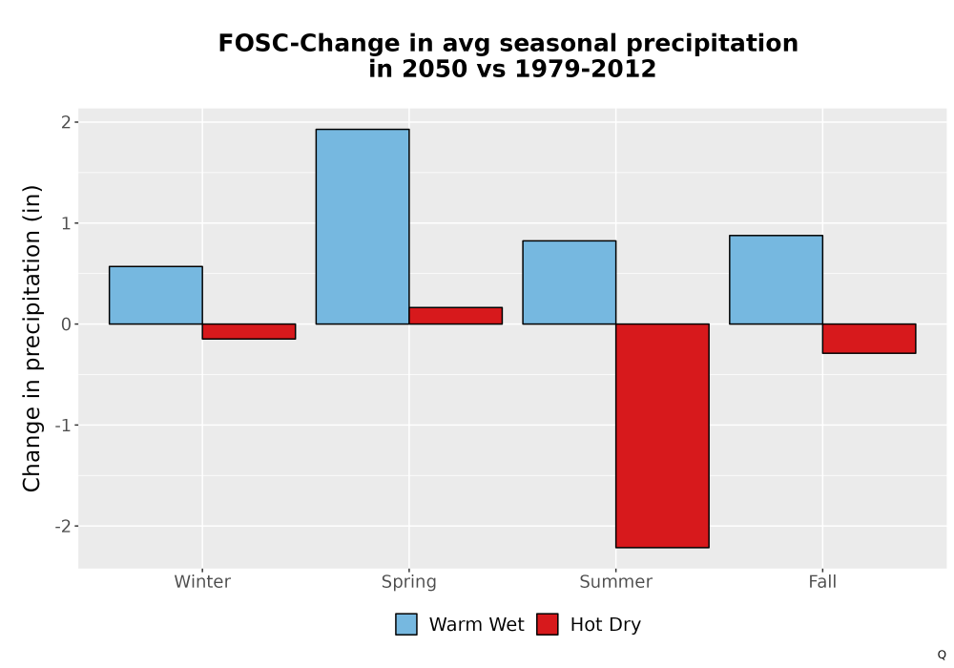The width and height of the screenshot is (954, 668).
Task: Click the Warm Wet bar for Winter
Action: tap(156, 295)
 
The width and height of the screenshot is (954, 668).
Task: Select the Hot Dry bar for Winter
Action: tap(249, 331)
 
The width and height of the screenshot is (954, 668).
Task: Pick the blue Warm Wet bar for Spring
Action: tap(363, 226)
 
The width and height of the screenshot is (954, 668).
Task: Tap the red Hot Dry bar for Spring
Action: tap(456, 316)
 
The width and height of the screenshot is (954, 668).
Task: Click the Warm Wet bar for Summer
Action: tap(570, 282)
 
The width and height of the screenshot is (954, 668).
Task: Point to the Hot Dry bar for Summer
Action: tap(663, 435)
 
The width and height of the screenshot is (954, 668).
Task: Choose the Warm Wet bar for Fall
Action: tap(777, 280)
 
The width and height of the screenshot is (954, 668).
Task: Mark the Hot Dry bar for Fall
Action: tap(869, 338)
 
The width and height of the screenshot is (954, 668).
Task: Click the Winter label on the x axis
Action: tap(202, 581)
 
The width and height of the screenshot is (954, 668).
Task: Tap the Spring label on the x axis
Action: tap(409, 582)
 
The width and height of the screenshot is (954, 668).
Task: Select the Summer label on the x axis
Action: tap(615, 581)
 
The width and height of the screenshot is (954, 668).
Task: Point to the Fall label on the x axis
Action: tap(822, 581)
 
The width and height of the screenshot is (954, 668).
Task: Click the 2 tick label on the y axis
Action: tap(67, 122)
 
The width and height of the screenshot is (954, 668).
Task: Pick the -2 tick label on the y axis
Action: tap(63, 526)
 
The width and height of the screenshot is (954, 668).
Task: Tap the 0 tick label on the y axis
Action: tap(67, 324)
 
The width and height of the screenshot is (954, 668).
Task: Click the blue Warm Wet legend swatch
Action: tap(406, 624)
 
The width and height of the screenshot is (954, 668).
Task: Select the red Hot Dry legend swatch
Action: tap(548, 624)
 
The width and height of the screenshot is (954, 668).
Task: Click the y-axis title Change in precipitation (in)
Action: tap(31, 338)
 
